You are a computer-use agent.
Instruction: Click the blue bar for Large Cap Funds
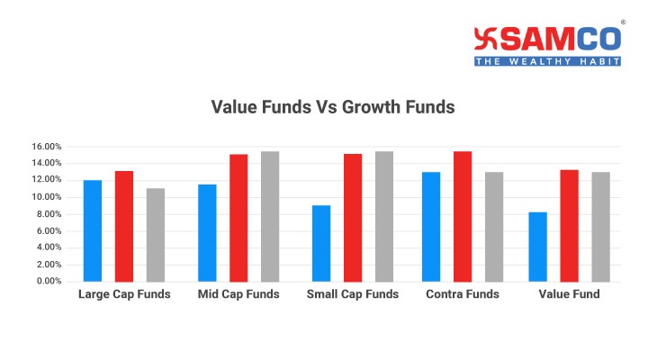93,231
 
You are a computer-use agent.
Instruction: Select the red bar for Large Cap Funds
124,226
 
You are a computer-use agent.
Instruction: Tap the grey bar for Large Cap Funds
156,235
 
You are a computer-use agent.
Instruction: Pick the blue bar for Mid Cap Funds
207,233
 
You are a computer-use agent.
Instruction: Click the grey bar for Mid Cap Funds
270,217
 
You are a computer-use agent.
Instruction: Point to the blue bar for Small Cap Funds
321,244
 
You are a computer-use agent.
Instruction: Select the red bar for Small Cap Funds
353,218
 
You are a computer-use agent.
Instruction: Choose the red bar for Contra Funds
463,217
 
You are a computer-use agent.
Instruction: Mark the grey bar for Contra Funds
494,227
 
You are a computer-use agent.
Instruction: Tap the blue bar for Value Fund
537,247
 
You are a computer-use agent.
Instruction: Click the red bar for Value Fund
569,226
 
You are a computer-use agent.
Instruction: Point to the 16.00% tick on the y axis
46,147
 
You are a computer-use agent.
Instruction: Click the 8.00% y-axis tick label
49,214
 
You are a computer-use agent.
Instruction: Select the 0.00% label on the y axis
49,281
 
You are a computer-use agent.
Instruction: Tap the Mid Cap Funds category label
238,294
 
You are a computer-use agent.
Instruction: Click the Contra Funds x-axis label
463,294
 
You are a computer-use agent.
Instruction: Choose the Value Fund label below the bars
569,294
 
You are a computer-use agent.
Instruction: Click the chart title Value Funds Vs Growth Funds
333,107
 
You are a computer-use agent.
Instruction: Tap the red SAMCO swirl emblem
485,39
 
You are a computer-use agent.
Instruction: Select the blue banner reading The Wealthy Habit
547,61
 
